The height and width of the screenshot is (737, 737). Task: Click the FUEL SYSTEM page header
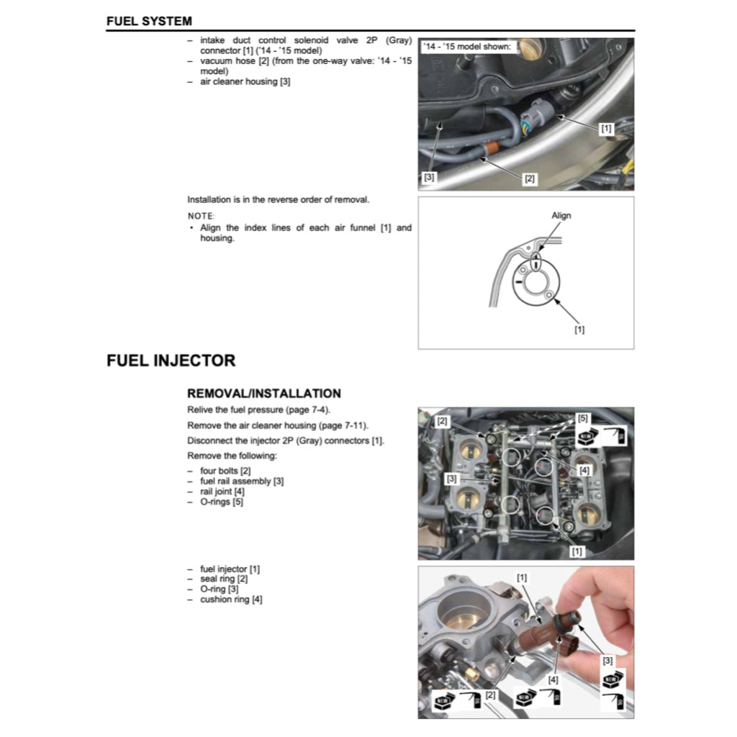coord(149,21)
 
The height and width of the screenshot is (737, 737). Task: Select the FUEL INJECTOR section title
coord(171,361)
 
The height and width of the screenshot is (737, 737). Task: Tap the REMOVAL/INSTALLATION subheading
coord(263,394)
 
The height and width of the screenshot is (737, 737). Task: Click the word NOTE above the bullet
coord(201,216)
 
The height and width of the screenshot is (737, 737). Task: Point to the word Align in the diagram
coord(561,215)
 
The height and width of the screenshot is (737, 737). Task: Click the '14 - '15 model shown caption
coord(468,47)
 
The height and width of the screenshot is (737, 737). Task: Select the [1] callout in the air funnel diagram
coord(579,330)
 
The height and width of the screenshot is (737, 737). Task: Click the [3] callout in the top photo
coord(430,176)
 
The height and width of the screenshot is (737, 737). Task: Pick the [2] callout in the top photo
coord(530,178)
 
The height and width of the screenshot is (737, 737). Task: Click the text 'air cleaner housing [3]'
coord(245,82)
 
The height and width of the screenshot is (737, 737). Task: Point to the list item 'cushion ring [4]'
coord(231,600)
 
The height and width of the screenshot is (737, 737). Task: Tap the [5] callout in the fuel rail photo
coord(582,417)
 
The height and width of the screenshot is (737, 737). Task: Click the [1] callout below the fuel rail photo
coord(577,551)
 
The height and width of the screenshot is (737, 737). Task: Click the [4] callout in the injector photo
coord(553,679)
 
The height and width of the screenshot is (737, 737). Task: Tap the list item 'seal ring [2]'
coord(224,579)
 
